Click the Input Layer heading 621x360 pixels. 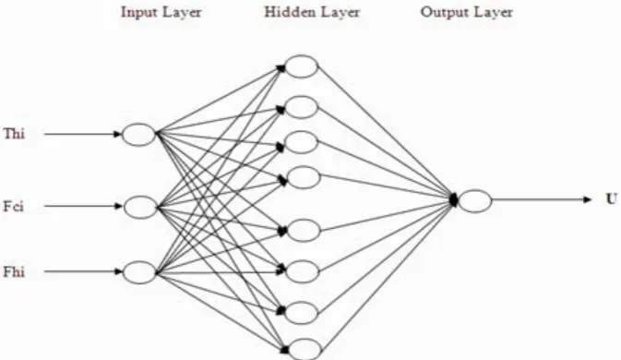point(161,12)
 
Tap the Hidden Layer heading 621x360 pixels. point(312,12)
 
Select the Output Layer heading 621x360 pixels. point(467,12)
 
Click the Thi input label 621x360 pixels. point(14,134)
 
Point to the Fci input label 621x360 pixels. point(14,207)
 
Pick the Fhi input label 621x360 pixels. point(14,272)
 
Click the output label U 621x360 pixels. point(612,198)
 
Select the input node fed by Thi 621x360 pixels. point(138,135)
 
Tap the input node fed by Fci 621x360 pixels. point(140,207)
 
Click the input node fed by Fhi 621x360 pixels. point(140,272)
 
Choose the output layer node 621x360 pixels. point(475,201)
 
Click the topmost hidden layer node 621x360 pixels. point(302,66)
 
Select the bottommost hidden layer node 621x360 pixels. point(305,349)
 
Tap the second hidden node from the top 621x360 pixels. point(302,107)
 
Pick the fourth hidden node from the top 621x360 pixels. point(303,177)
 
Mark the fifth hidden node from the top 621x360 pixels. point(304,230)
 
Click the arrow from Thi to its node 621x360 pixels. point(83,134)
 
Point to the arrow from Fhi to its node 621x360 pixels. point(83,271)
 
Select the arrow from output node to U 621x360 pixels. point(542,199)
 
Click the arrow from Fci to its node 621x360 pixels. point(84,206)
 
